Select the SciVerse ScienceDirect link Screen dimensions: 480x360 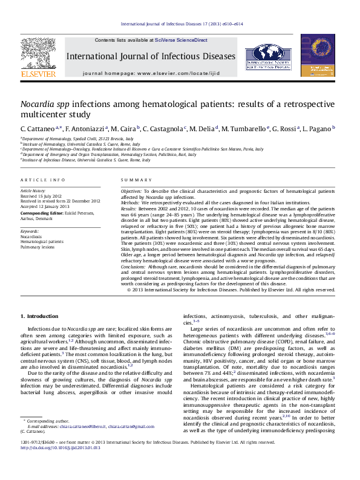[x=181, y=40]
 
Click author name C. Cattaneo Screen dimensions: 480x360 [x=39, y=129]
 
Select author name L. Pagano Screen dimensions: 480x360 [x=318, y=129]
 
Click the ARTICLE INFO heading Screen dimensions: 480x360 [x=43, y=180]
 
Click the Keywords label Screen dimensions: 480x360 [x=30, y=231]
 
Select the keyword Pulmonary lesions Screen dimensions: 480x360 [x=38, y=247]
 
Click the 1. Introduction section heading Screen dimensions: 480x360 [x=39, y=316]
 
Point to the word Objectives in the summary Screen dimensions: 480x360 [x=131, y=191]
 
